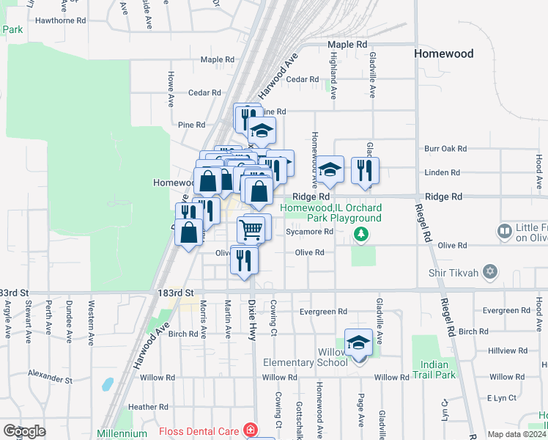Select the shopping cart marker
point(251,230)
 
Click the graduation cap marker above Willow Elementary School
point(358,342)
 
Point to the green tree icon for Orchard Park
point(360,235)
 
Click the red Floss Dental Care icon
point(251,428)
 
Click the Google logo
point(24,431)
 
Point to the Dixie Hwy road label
point(251,319)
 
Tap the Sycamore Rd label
point(310,232)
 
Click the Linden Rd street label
point(442,172)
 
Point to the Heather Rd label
point(148,406)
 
